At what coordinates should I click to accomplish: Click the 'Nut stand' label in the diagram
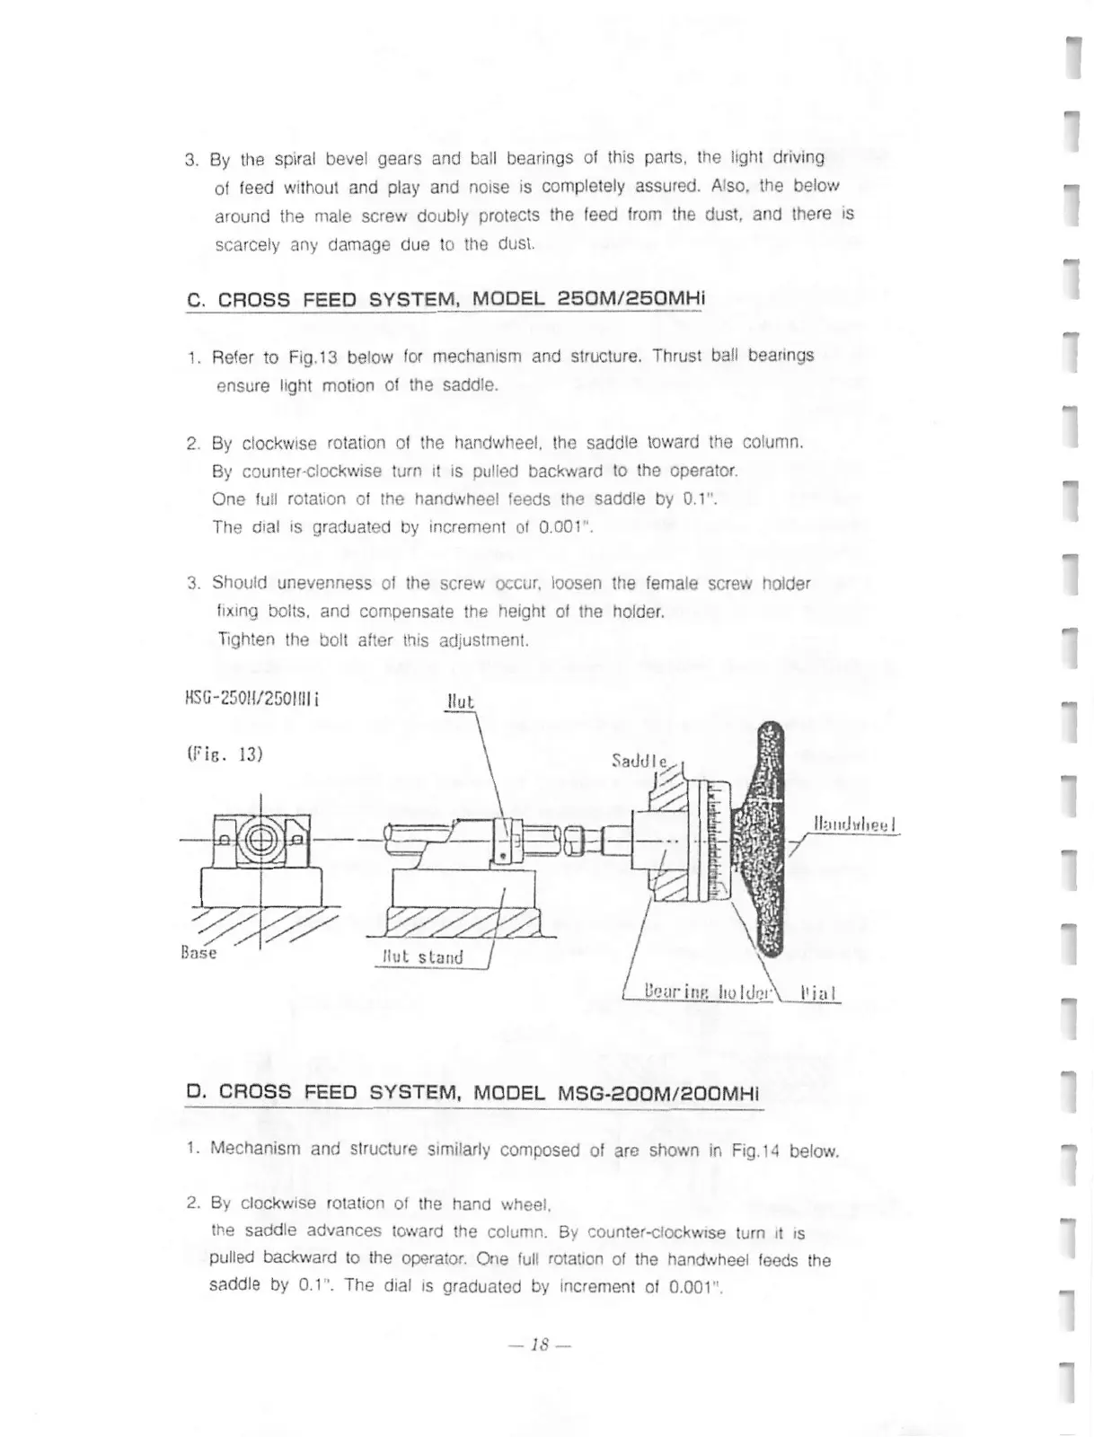[421, 957]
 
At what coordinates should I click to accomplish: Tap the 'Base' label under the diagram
[199, 952]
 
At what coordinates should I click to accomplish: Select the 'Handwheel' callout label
[854, 824]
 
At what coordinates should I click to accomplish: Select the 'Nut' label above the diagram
[460, 701]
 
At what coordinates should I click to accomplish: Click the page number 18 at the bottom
[539, 1344]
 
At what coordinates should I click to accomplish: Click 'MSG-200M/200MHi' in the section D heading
[658, 1093]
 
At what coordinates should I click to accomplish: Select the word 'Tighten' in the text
[246, 640]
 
